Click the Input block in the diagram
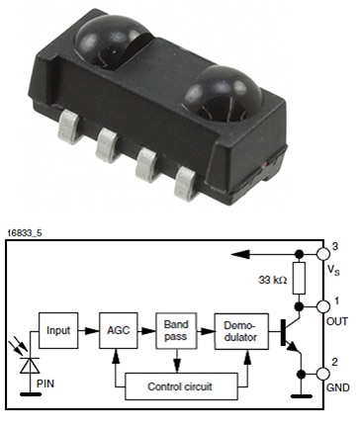click(x=58, y=330)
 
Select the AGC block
click(x=119, y=330)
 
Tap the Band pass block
click(x=176, y=330)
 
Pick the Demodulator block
click(x=241, y=331)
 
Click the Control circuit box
click(x=181, y=386)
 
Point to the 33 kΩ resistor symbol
click(x=299, y=278)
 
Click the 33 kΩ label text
click(x=273, y=280)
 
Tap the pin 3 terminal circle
click(x=323, y=254)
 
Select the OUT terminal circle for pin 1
click(x=323, y=306)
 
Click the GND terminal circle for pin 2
click(x=323, y=375)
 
